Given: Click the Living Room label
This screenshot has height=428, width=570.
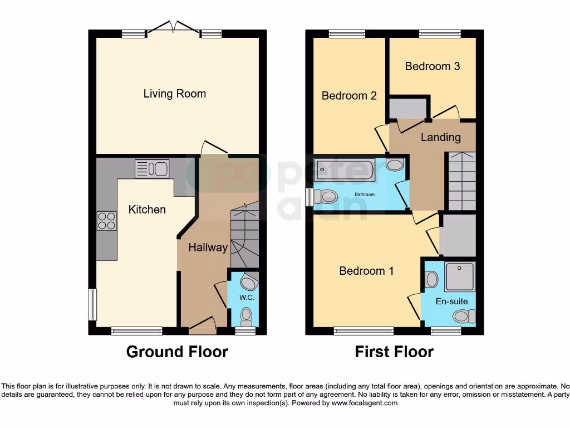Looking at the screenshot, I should click(174, 94).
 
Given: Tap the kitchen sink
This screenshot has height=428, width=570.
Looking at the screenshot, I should click(151, 168).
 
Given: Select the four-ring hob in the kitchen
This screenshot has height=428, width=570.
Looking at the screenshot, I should click(106, 221).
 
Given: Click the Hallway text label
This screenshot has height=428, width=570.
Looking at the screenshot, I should click(208, 247).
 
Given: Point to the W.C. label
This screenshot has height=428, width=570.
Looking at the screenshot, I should click(247, 298).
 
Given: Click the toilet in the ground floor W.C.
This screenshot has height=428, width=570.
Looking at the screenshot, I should click(245, 317).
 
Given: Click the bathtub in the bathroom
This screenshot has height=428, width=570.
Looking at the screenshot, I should click(345, 169).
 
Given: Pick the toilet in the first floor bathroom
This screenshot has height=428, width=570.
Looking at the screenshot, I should click(326, 196).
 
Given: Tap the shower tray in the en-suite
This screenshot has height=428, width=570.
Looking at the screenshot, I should click(460, 276).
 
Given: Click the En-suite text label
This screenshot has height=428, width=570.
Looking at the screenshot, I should click(451, 301).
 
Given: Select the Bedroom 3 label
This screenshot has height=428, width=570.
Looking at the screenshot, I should click(432, 66).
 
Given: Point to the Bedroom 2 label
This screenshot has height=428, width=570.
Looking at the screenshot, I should click(349, 96).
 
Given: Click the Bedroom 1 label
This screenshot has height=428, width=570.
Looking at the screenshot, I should click(366, 271).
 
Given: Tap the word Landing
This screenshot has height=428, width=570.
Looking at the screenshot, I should click(440, 137).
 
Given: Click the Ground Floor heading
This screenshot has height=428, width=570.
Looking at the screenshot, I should click(177, 352).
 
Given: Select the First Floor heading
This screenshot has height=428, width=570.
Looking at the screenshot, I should click(394, 352).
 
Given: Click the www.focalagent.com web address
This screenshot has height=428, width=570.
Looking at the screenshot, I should click(367, 403).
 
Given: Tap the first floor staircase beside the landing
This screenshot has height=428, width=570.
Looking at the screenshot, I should click(462, 181).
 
